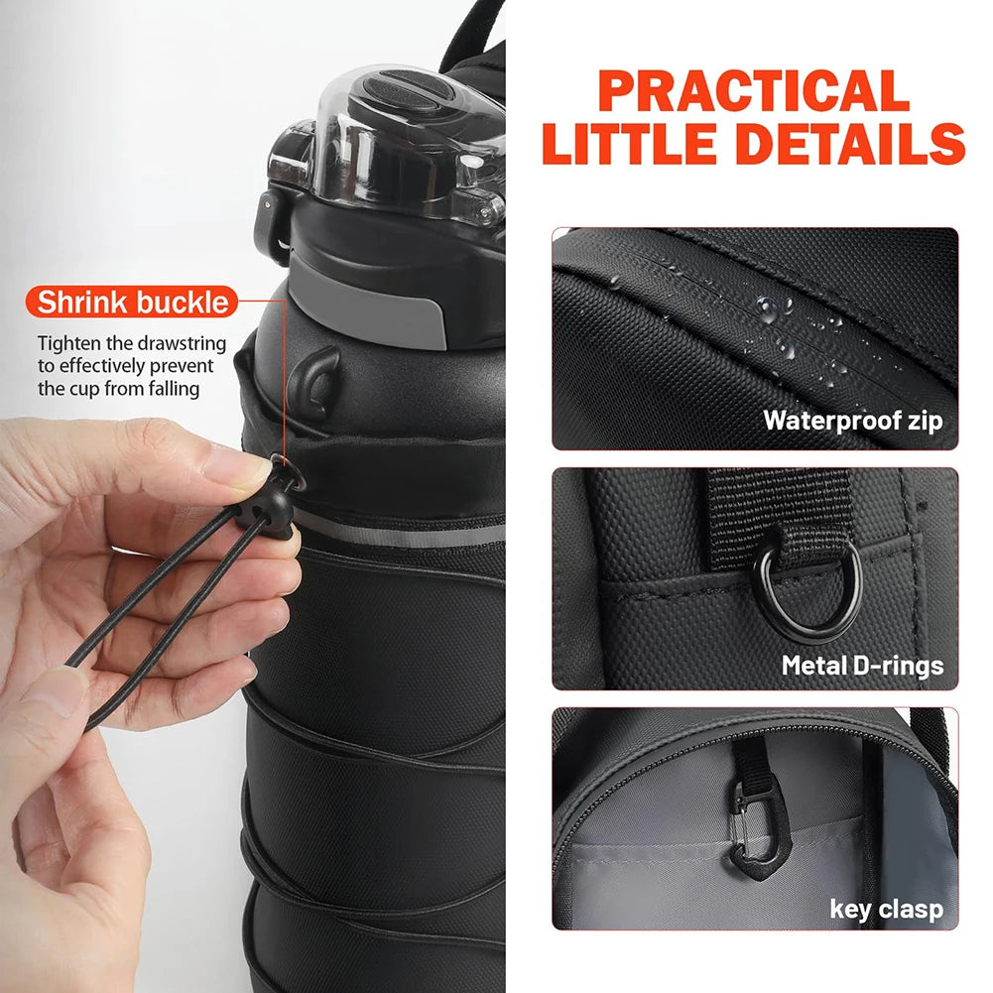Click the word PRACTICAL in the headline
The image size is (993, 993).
coord(755,92)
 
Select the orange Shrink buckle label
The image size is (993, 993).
coord(133,302)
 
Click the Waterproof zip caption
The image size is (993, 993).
coord(852,420)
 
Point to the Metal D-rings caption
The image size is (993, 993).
coord(862,665)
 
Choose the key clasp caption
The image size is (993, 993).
coord(886,909)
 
